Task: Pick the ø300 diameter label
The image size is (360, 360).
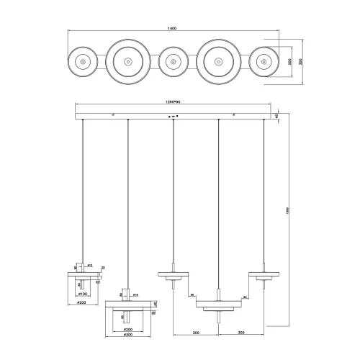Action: tap(129, 335)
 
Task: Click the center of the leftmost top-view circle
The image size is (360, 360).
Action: tap(83, 62)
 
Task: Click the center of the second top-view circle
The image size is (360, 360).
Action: tap(127, 62)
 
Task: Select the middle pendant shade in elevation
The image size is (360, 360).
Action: tap(172, 274)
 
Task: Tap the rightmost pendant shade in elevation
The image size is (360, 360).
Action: tap(264, 274)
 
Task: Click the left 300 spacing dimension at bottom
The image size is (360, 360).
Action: tap(195, 333)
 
